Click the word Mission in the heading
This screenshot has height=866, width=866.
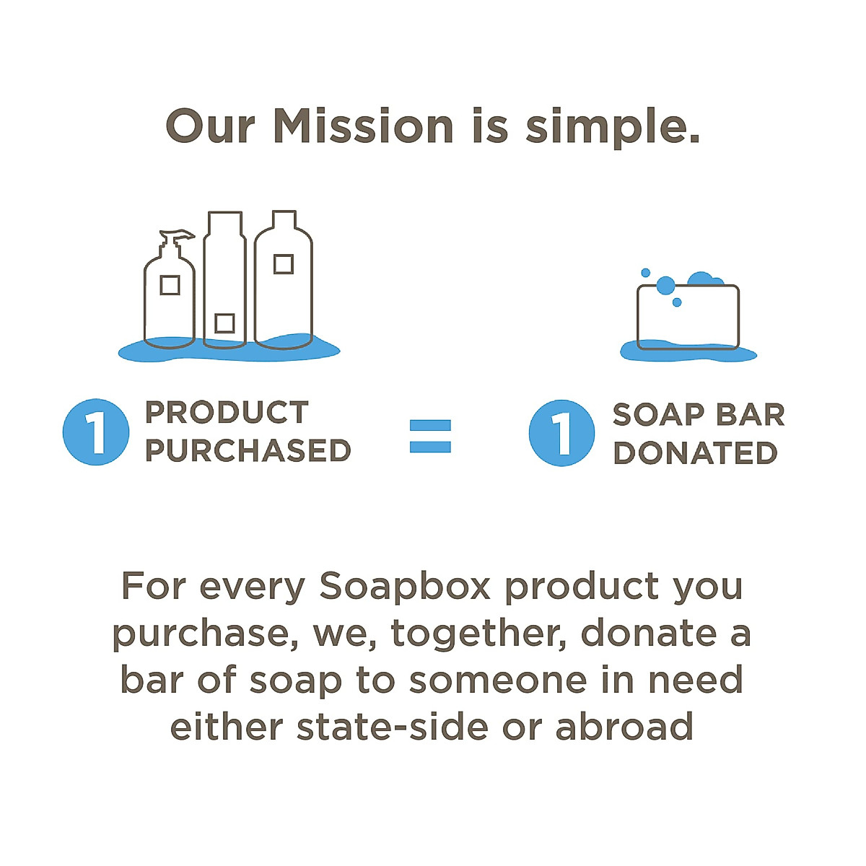363,126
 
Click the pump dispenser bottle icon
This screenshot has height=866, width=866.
170,289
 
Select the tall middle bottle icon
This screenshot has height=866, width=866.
224,279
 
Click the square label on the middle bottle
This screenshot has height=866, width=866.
224,323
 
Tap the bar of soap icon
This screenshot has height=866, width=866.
688,318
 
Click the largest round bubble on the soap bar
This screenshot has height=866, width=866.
665,285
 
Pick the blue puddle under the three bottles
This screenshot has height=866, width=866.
229,349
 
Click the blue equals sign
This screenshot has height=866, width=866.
430,436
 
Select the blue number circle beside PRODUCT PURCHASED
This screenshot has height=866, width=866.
96,432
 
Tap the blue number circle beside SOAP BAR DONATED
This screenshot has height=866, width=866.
561,433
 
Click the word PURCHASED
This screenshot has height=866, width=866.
248,450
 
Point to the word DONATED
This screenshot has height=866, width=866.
695,452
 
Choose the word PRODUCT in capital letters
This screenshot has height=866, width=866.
227,412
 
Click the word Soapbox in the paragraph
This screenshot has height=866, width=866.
404,587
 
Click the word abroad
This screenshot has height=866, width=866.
624,726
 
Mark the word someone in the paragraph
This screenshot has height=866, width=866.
498,681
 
